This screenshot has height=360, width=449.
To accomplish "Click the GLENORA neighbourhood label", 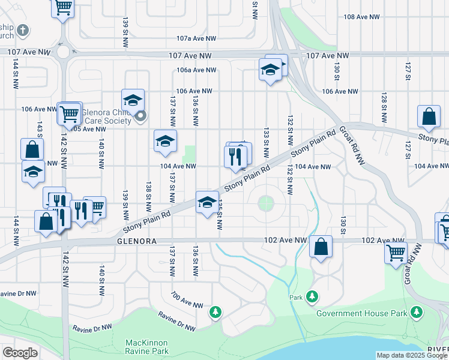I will click(137, 241).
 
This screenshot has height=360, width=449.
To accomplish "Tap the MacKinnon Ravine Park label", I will click(147, 346).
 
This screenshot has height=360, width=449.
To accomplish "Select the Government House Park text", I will click(361, 313).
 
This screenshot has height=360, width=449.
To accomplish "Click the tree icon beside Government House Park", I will click(415, 312).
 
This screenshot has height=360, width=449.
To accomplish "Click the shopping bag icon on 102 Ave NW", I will click(321, 246).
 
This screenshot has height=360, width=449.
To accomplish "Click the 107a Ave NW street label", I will click(196, 38).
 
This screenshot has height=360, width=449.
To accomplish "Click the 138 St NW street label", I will click(148, 192).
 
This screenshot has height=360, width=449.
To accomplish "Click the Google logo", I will click(20, 352).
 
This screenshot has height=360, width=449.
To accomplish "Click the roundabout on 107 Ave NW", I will click(63, 53).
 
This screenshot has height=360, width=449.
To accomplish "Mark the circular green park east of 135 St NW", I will click(266, 203).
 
